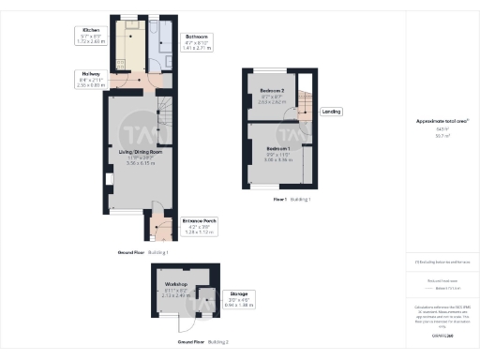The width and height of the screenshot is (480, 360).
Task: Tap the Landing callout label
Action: (331, 112)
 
